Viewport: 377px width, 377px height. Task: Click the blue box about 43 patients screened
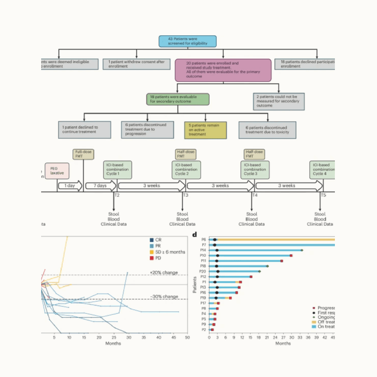188,41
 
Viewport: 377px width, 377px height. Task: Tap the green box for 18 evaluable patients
178,99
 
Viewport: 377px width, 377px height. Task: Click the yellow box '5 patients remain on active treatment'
205,130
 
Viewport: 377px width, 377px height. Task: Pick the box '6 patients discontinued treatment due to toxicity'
268,130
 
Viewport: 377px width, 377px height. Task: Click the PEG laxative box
57,171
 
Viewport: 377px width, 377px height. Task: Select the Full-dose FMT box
83,154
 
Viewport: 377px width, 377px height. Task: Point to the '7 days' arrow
100,186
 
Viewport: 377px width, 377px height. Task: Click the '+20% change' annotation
164,272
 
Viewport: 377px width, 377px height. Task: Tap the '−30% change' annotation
164,296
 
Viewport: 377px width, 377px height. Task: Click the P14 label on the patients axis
203,250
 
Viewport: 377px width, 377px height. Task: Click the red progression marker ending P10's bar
291,256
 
